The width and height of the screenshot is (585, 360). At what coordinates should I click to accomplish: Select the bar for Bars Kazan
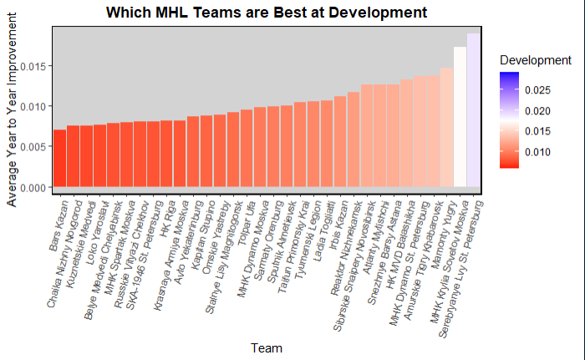tap(59, 159)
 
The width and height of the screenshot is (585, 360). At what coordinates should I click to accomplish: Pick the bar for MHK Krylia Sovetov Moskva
tap(460, 117)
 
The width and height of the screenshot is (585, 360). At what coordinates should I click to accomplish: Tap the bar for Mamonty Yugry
tap(446, 128)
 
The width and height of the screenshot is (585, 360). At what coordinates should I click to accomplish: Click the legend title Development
tap(535, 61)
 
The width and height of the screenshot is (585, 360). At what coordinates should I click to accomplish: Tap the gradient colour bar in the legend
tap(509, 120)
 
